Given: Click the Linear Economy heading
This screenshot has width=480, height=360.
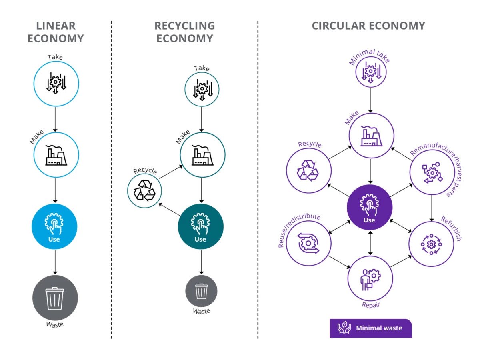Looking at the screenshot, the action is (56, 32).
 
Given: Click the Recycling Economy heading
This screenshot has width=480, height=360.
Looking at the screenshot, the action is (184, 32).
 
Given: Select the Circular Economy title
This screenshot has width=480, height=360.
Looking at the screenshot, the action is (368, 26).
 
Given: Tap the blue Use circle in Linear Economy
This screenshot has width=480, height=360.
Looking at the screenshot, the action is (54, 226).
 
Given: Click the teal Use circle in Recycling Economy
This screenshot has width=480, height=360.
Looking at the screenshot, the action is (200, 226).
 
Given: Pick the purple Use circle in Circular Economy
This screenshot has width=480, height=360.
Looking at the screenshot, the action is (370, 207).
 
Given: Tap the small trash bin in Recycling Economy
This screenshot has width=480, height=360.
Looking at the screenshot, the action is (201, 291).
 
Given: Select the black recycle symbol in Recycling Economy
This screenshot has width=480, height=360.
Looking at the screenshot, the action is (144, 190).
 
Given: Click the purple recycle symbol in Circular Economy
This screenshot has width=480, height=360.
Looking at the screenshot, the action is (308, 170).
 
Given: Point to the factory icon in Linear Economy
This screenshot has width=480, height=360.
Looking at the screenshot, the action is (56, 155).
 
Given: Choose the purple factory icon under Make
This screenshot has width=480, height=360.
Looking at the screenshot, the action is (371, 136).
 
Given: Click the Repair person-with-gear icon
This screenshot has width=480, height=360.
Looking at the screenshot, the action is (370, 279).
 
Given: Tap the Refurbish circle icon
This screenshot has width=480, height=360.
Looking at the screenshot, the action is (431, 244).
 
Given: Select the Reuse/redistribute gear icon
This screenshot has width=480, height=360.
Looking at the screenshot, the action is (308, 243).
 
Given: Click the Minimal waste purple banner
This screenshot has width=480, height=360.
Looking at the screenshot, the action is (371, 328).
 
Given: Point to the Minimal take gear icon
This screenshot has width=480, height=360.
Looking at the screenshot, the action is (371, 72).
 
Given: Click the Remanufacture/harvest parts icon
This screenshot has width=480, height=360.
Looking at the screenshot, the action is (432, 172).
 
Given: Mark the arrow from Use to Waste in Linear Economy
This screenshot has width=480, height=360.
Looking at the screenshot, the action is (55, 262).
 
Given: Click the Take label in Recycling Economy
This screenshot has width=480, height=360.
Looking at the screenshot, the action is (202, 68).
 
